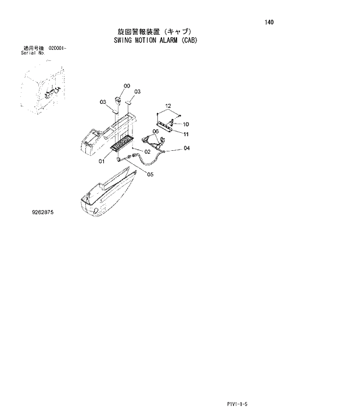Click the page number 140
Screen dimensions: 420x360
click(x=269, y=23)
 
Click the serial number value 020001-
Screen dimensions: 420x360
click(x=57, y=48)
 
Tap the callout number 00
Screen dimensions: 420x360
click(x=127, y=86)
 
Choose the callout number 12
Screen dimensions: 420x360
click(x=168, y=106)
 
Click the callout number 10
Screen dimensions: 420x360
click(x=186, y=124)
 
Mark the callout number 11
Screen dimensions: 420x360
click(x=186, y=134)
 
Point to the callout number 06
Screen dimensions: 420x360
click(x=156, y=131)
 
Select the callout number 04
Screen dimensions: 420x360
click(x=186, y=149)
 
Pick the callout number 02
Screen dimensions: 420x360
click(x=147, y=152)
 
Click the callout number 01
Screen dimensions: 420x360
click(x=101, y=161)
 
